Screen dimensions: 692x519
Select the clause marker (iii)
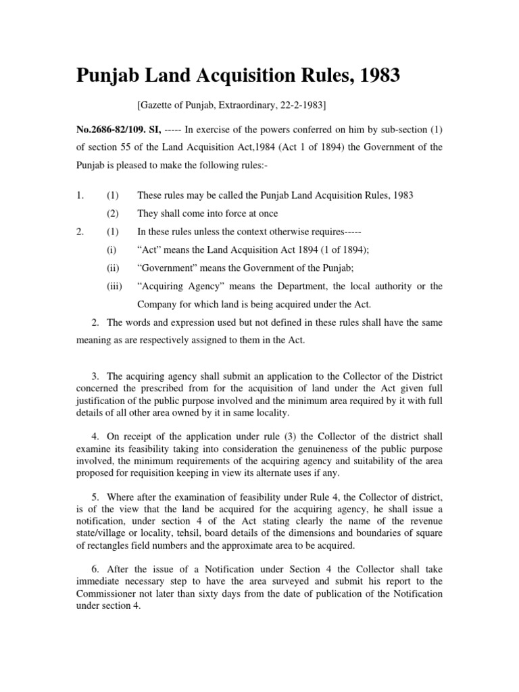pyautogui.click(x=114, y=287)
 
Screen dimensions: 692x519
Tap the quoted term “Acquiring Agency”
pyautogui.click(x=177, y=287)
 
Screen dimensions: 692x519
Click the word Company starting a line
pyautogui.click(x=157, y=305)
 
